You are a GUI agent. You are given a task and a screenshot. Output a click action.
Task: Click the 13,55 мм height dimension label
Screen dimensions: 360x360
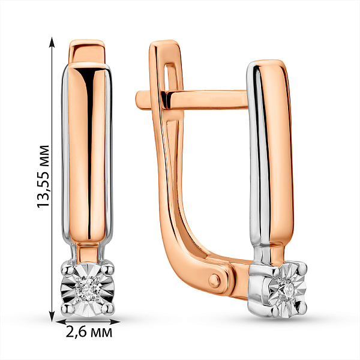point(43,176)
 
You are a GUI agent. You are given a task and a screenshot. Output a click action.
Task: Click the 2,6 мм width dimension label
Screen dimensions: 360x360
point(89,332)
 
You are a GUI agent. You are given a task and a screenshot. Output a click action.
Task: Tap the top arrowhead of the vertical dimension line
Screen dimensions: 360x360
point(52,42)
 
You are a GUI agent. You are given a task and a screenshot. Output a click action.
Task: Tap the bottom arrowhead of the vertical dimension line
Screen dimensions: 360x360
point(52,316)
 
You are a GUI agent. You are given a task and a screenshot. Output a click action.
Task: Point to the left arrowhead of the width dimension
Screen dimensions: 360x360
point(61,322)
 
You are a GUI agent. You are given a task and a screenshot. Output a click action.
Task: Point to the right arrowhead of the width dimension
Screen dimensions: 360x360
point(115,322)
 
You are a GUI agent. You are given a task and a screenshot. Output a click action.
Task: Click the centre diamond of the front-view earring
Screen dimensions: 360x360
point(88,288)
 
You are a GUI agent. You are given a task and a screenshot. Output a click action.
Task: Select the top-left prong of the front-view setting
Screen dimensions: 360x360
point(67,268)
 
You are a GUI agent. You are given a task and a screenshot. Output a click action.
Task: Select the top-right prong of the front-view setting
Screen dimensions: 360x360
point(109,268)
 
